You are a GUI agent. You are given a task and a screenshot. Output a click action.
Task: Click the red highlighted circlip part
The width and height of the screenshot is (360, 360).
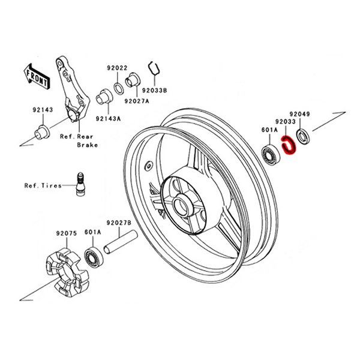point(290,146)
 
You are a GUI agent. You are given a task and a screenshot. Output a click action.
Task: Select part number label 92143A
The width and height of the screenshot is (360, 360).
point(107,118)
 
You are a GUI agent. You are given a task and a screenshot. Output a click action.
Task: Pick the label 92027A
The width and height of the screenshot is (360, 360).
point(137,101)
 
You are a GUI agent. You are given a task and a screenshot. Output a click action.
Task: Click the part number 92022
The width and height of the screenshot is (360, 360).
point(118,68)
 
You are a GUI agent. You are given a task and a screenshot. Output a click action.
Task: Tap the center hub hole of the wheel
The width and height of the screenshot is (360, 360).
point(183,203)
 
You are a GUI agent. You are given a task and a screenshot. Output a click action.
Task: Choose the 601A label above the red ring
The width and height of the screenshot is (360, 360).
point(269,129)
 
